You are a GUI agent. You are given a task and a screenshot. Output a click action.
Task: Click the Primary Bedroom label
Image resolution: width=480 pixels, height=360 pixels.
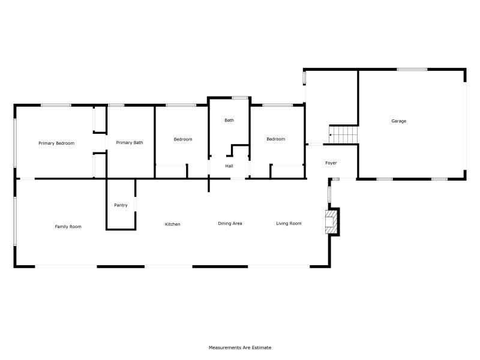pos(56,143)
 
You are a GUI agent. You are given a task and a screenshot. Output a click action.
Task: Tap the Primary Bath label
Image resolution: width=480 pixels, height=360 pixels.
pos(130,143)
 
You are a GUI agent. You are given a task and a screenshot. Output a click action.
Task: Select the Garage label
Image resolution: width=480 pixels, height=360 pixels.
pos(399,121)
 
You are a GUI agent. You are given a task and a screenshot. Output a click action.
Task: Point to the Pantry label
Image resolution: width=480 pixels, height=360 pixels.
pos(121,205)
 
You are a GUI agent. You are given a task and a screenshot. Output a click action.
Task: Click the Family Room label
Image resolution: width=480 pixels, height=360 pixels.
pos(68,227)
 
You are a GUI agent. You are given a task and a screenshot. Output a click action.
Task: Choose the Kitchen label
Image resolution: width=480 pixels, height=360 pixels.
pos(173,224)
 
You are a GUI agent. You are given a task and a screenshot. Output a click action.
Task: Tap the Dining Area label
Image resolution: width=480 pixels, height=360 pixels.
pos(230,224)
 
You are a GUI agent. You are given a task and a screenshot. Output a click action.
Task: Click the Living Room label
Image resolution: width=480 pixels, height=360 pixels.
pos(289,224)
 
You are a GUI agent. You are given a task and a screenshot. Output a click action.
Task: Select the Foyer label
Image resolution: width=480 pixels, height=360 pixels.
pos(331,163)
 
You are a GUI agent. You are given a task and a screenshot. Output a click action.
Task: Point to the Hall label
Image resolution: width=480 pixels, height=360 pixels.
pos(229,166)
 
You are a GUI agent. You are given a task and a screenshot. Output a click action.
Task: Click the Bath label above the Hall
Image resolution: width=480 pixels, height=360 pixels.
pos(229,121)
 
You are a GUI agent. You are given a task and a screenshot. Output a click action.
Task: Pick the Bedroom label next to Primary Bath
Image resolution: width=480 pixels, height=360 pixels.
pos(183,139)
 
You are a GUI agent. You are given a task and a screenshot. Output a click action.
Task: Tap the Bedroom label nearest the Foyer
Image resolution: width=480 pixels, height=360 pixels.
pos(275,139)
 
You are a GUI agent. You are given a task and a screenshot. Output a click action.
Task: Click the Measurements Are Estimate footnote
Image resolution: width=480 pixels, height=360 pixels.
pos(240,347)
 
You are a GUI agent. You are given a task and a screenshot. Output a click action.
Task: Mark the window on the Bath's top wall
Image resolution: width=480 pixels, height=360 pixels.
pos(241,98)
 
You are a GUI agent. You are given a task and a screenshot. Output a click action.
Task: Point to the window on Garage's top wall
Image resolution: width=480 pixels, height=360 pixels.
pos(412,70)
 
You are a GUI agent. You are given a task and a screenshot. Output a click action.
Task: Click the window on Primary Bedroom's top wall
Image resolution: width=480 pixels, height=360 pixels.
pos(56,106)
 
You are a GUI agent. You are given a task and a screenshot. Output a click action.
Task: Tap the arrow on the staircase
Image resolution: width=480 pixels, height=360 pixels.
pos(331,136)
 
